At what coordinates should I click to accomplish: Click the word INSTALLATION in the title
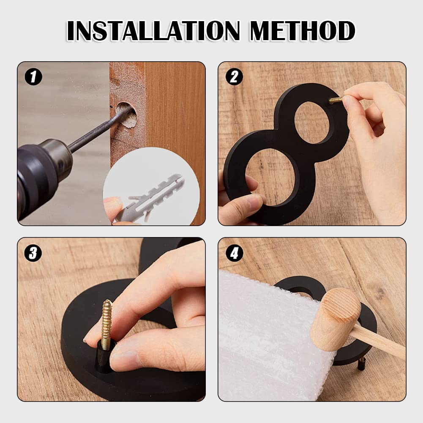coord(153,30)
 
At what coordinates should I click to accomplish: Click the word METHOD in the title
coord(303,30)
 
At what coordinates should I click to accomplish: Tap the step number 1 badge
coord(33,77)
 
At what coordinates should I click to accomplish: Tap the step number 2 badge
coord(234,77)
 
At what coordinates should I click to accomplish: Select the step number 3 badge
coord(33,253)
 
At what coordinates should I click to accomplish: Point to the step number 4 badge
coord(234,253)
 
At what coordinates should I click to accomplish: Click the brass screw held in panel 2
coord(336,100)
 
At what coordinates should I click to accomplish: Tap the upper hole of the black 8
coord(312,123)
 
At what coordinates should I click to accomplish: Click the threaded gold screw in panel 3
coord(107,324)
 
